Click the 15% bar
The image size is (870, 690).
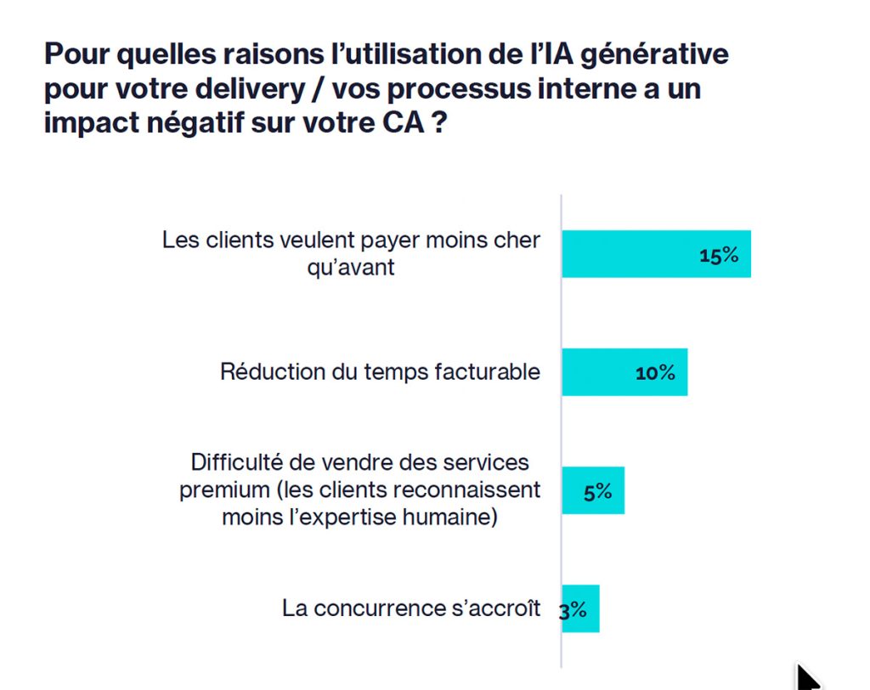click(656, 254)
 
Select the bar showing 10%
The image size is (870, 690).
click(624, 372)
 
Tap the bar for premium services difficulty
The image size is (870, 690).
click(593, 490)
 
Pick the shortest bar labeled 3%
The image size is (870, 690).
click(581, 608)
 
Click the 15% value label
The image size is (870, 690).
click(719, 255)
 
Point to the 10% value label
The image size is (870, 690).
click(655, 373)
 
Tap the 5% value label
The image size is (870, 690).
click(598, 491)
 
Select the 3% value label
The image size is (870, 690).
click(573, 609)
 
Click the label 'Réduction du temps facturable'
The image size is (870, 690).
click(380, 372)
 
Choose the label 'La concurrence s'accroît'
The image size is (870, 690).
click(411, 608)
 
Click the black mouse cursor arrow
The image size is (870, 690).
click(807, 678)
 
